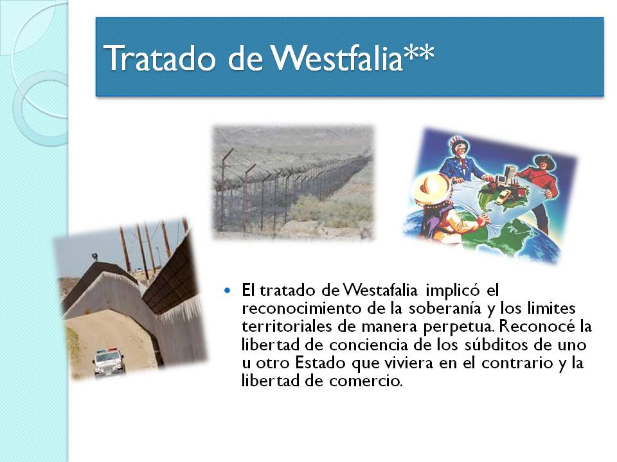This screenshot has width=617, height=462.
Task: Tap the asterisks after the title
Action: tap(419, 55)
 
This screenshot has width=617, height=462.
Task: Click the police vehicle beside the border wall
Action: tap(108, 361)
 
